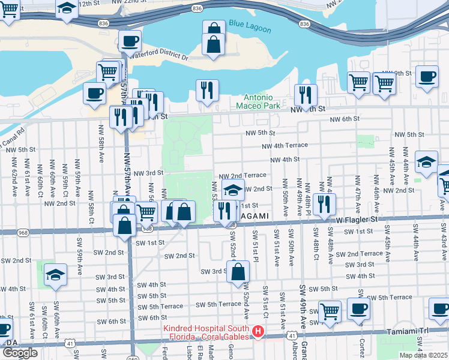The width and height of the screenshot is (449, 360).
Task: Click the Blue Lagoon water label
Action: click(x=250, y=29)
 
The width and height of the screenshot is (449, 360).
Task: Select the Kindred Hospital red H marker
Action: click(x=258, y=331)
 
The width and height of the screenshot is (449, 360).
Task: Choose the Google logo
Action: click(x=20, y=353)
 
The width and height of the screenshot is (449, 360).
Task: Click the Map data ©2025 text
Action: click(x=423, y=355)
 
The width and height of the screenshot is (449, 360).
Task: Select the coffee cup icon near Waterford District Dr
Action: click(x=130, y=42)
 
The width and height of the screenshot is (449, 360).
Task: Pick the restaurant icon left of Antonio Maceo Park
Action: click(x=207, y=91)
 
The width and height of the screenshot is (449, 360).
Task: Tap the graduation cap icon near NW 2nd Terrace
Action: click(x=233, y=190)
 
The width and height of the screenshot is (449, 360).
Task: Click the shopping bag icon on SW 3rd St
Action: click(x=238, y=271)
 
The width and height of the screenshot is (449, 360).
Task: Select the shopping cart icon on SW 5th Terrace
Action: click(x=330, y=311)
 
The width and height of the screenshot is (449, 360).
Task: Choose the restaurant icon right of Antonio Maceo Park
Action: click(x=306, y=95)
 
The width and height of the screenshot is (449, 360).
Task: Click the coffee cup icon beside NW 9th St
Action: click(x=427, y=77)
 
